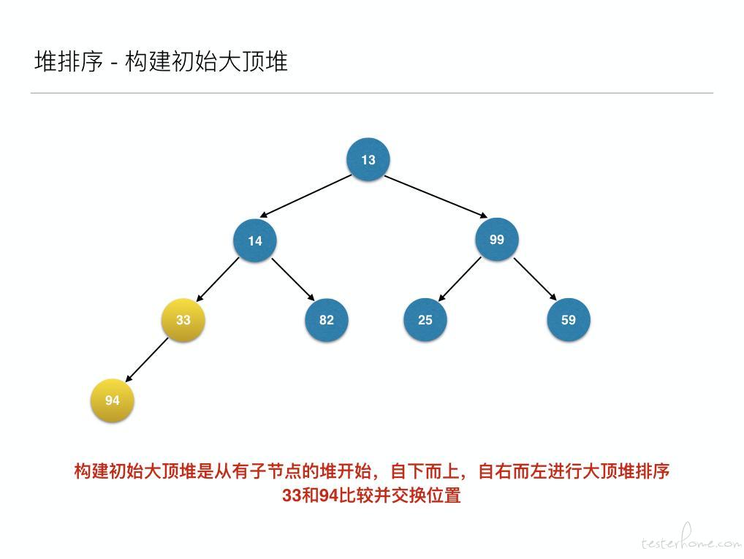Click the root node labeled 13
coord(368,159)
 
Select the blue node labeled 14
coord(255,240)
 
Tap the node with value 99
coord(497,239)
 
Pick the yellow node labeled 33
coord(183,320)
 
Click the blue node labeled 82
coord(327,320)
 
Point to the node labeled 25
coord(425,320)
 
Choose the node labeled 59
coord(569,320)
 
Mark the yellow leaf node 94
coord(112,400)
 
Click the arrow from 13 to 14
coord(306,196)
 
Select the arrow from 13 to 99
coord(436,197)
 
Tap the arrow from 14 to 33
coord(217,279)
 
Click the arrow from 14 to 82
coord(293,279)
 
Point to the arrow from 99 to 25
coord(459,278)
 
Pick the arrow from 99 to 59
coord(535,278)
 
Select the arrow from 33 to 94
coord(147,360)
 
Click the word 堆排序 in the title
coord(68,61)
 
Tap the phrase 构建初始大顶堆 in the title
coord(206,61)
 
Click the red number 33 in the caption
coord(292,495)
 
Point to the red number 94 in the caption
coord(329,495)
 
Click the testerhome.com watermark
coord(691,539)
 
